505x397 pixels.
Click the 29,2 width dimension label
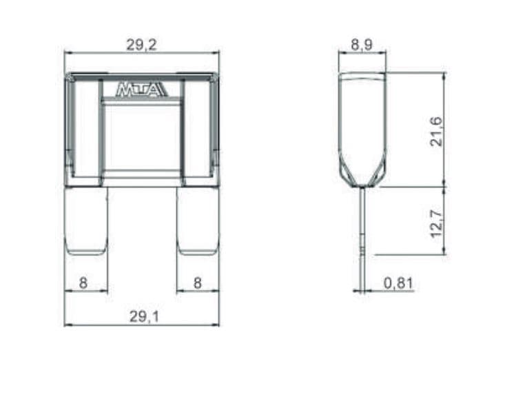tap(141, 45)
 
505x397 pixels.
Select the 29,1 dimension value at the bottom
tap(141, 316)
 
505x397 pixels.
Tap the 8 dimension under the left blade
tap(83, 283)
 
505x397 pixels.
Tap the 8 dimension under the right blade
tap(198, 283)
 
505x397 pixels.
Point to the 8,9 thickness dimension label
tap(362, 45)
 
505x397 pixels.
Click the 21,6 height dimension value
tap(436, 131)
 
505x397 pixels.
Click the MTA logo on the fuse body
tap(141, 90)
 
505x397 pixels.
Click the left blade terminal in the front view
tap(86, 221)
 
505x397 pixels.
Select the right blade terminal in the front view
tap(198, 221)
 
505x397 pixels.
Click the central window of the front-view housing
tap(141, 138)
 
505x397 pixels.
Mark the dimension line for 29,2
tap(103, 52)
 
